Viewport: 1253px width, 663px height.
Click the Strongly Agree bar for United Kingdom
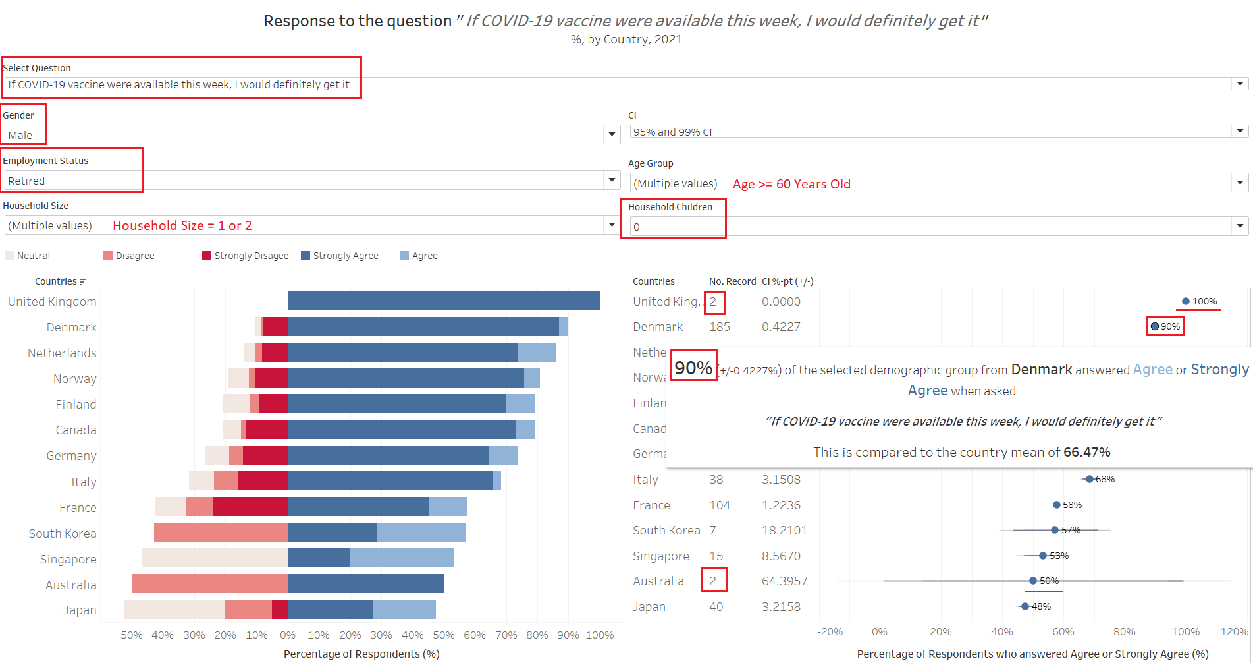tap(443, 301)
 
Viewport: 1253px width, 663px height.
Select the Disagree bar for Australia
tap(209, 584)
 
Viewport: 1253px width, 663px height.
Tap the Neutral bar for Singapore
tap(215, 558)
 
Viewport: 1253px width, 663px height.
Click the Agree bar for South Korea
tap(421, 533)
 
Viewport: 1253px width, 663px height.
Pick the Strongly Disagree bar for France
tap(250, 507)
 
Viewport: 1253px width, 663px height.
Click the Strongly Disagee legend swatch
tap(207, 256)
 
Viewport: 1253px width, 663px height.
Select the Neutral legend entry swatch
tap(9, 256)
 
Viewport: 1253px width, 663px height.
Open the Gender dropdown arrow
tap(612, 135)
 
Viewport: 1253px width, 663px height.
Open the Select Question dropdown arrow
tap(1240, 84)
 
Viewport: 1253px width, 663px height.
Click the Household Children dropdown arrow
tap(1240, 227)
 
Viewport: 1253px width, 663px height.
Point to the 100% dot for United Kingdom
tap(1186, 301)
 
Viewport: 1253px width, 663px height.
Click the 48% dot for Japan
tap(1025, 606)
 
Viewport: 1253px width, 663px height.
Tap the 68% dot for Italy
tap(1090, 479)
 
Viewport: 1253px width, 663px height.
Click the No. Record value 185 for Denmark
tap(720, 327)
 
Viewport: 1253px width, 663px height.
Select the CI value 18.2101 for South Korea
tap(784, 531)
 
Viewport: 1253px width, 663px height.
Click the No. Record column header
tap(732, 281)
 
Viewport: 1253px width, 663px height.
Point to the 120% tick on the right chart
tap(1234, 632)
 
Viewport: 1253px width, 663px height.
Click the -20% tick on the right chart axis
tap(830, 632)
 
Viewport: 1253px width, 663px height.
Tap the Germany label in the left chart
tap(71, 456)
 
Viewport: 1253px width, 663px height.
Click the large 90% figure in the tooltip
tap(693, 368)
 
